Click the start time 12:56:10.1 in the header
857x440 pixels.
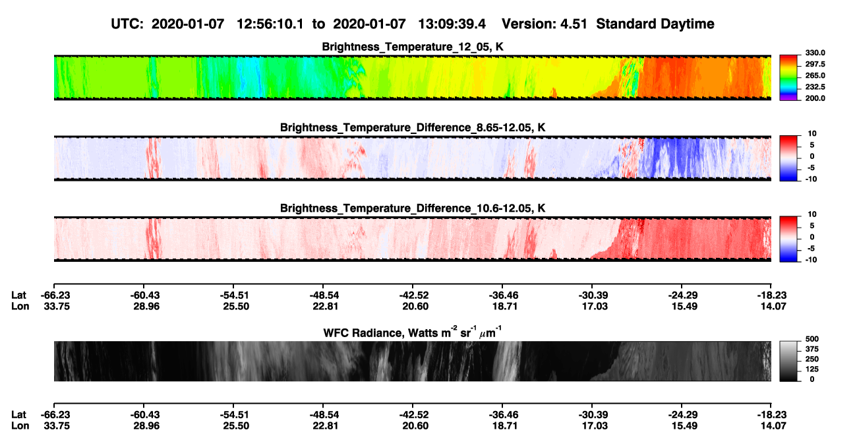point(270,24)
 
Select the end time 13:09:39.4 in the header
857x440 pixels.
point(452,24)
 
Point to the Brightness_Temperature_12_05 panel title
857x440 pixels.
point(412,47)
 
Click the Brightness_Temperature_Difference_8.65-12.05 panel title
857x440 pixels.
point(413,127)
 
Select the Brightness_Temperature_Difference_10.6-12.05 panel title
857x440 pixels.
point(413,208)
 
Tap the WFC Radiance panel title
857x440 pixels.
point(413,332)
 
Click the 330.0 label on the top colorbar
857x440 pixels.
point(815,53)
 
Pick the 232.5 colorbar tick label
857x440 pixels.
point(815,87)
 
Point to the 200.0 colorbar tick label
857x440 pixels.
point(815,98)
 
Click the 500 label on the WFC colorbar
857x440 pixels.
point(812,339)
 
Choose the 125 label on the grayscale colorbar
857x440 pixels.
point(812,369)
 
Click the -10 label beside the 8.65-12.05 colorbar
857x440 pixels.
point(811,179)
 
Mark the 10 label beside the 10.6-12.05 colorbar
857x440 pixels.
point(812,214)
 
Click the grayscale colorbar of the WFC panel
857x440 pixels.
point(788,361)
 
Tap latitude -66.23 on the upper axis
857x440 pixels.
point(55,296)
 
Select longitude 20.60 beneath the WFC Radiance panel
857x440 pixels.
point(415,426)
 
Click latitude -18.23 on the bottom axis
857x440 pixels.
point(772,415)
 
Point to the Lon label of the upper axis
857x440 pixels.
point(20,306)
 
